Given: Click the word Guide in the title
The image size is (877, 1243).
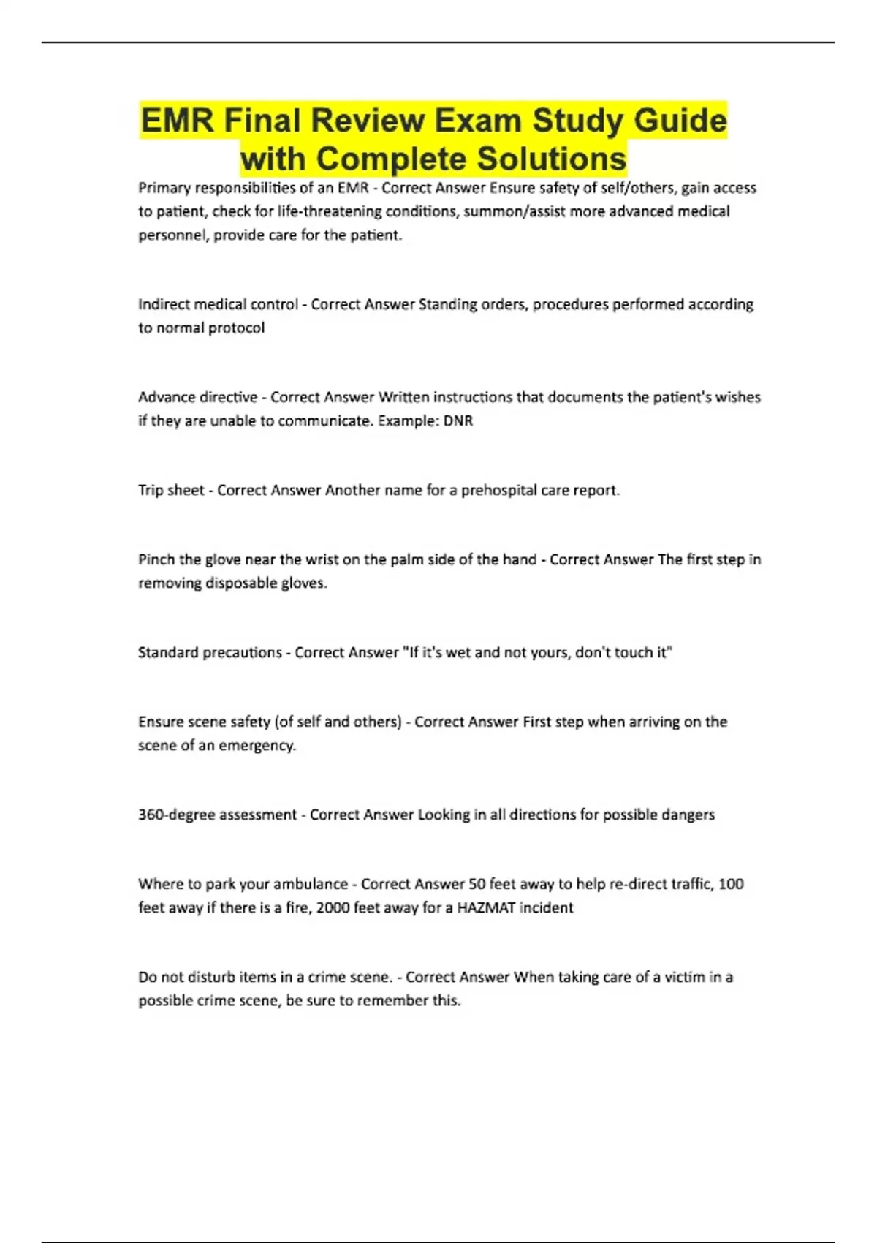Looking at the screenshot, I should (x=680, y=121).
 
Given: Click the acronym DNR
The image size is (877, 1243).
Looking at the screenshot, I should (x=458, y=421).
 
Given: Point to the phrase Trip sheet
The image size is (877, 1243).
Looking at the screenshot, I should (x=171, y=491).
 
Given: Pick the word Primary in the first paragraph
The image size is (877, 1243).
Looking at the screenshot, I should (x=164, y=188).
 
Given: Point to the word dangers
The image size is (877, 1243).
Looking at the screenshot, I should (x=688, y=815).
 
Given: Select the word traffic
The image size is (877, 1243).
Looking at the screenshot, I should (x=686, y=884).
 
